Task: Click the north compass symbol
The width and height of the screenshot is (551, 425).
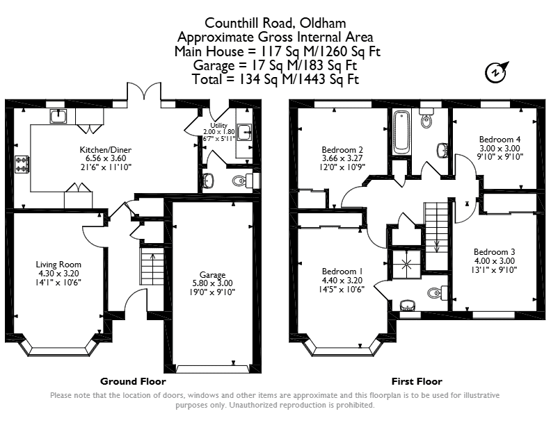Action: (x=496, y=72)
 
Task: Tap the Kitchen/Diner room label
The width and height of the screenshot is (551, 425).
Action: (x=106, y=150)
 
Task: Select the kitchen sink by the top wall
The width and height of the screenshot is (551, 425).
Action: (x=58, y=117)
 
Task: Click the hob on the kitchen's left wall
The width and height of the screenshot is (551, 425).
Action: (x=22, y=165)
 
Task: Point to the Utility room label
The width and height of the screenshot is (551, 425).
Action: (x=218, y=126)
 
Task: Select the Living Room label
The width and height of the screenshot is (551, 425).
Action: (x=58, y=265)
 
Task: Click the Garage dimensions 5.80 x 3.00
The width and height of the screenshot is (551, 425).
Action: (x=213, y=283)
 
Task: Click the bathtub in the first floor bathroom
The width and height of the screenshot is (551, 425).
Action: (x=401, y=133)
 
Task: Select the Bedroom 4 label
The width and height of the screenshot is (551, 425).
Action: (x=500, y=139)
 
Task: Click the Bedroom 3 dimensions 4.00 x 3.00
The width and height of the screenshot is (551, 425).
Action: (x=495, y=261)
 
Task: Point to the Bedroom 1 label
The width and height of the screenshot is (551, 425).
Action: (x=342, y=272)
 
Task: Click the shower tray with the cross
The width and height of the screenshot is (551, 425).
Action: (x=407, y=264)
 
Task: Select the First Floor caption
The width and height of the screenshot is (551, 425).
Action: (x=417, y=381)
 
